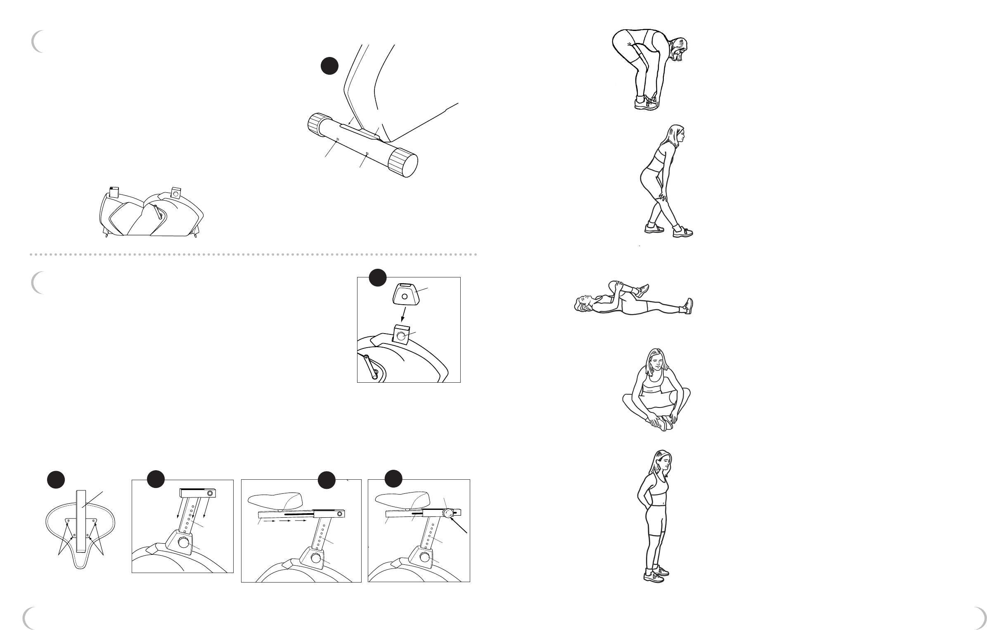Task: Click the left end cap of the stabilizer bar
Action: [317, 124]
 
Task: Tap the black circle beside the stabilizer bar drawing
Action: [330, 66]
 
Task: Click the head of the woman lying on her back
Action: [583, 304]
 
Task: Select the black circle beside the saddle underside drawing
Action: [55, 479]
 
